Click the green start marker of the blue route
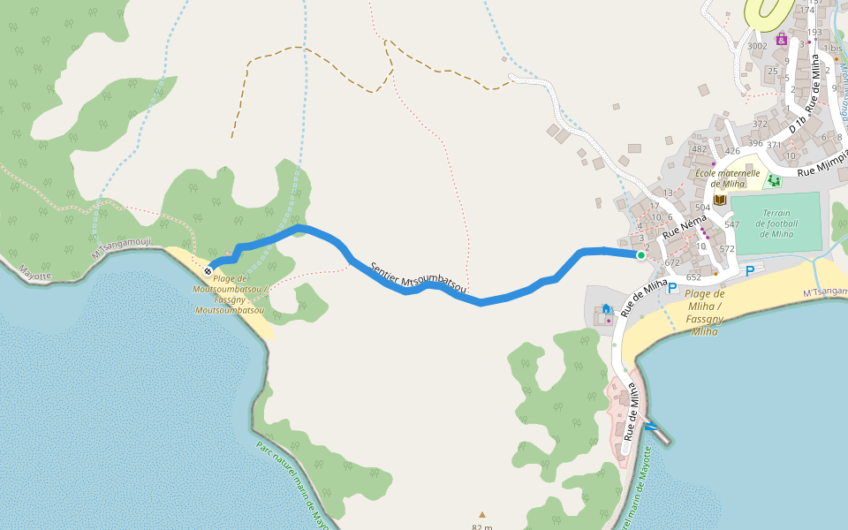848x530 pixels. pos(640,255)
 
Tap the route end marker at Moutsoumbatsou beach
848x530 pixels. pos(208,270)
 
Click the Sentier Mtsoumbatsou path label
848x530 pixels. pos(419,275)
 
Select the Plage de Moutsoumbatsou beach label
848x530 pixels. pos(231,294)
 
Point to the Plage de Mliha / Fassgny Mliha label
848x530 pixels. pos(704,313)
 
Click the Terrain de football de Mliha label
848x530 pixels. pos(776,223)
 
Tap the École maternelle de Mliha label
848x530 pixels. pos(727,178)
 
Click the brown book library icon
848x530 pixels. pos(720,200)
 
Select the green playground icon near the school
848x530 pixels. pos(774,180)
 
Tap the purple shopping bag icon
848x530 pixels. pos(782,39)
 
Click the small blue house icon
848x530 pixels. pos(606,309)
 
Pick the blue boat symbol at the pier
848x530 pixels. pos(651,428)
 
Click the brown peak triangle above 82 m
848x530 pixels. pos(482,514)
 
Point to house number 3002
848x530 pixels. pos(757,46)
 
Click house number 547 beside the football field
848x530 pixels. pos(731,225)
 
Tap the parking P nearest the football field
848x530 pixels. pos(750,270)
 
